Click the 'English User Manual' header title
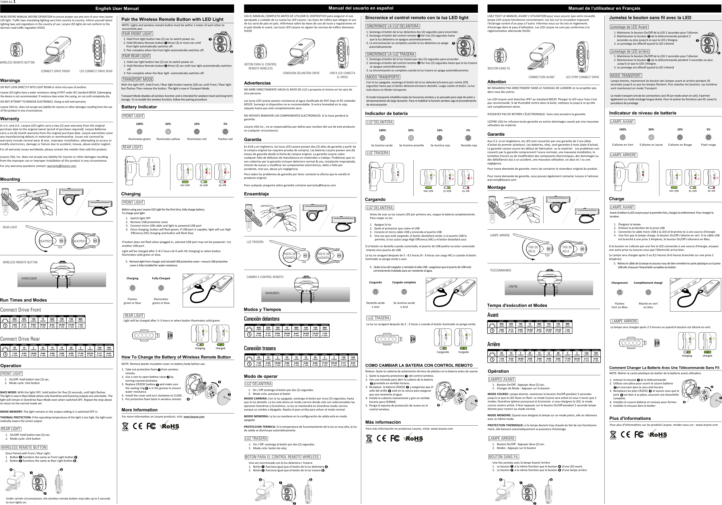(x=117, y=8)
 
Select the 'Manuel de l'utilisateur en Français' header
(x=604, y=8)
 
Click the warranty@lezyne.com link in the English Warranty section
(x=62, y=166)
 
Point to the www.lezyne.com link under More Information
(x=194, y=417)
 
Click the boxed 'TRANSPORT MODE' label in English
(x=138, y=79)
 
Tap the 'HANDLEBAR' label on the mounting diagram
(x=29, y=278)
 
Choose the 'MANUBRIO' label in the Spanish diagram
(x=272, y=293)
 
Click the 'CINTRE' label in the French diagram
(x=513, y=286)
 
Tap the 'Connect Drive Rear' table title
(x=20, y=339)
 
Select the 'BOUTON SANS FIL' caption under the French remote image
(x=499, y=68)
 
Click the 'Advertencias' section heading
(x=257, y=83)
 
